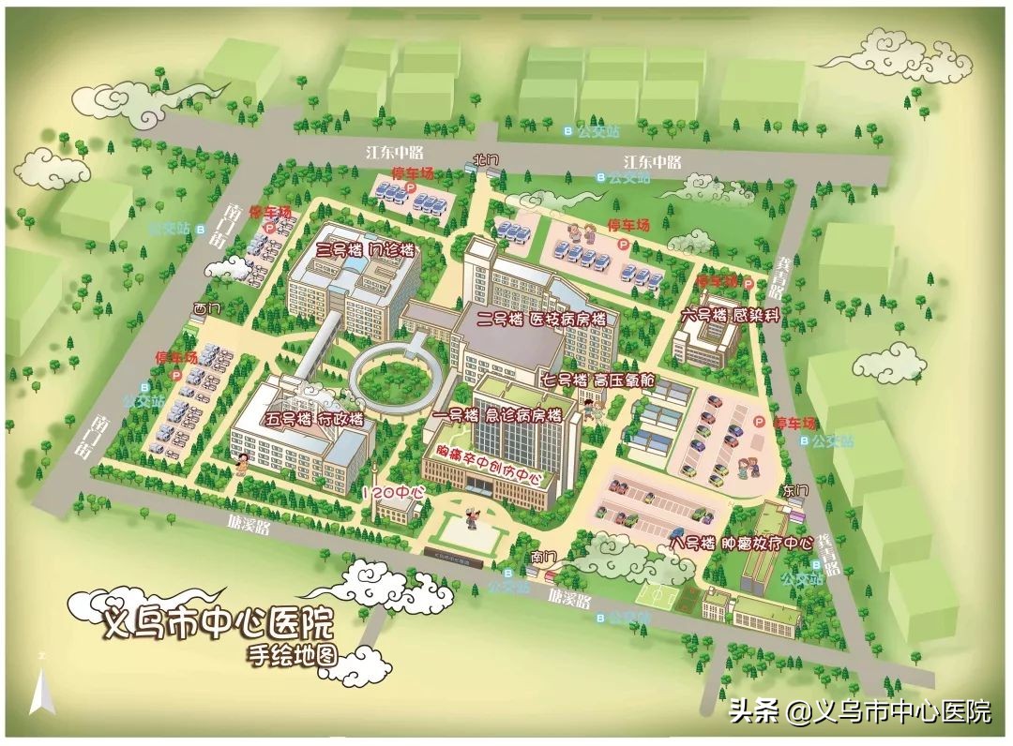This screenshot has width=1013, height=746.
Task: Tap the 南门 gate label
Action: [x=543, y=557]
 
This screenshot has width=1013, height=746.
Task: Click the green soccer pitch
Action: [x=660, y=594]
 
